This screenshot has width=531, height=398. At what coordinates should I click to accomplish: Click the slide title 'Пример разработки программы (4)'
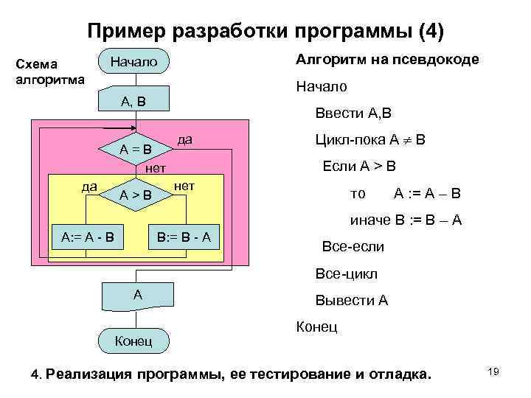pyautogui.click(x=265, y=32)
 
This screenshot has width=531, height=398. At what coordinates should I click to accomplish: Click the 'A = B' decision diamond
pyautogui.click(x=136, y=150)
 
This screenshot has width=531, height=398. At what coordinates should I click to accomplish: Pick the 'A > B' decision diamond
pyautogui.click(x=136, y=195)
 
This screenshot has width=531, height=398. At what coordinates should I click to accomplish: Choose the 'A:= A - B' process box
pyautogui.click(x=87, y=237)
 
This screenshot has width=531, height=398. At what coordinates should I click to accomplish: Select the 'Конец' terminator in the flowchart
pyautogui.click(x=133, y=341)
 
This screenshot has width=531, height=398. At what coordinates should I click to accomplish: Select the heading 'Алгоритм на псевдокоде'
pyautogui.click(x=387, y=60)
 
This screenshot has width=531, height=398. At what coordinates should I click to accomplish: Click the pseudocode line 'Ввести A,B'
pyautogui.click(x=353, y=114)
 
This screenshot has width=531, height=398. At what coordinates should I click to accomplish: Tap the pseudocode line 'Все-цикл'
pyautogui.click(x=346, y=273)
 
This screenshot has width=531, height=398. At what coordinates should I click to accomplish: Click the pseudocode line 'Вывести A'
pyautogui.click(x=351, y=301)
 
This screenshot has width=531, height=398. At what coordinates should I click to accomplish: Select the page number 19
pyautogui.click(x=493, y=372)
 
